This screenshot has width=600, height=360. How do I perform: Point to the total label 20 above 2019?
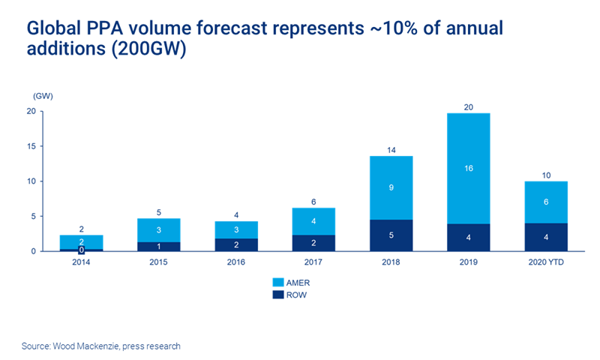pyautogui.click(x=468, y=107)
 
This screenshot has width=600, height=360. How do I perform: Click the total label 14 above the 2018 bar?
pyautogui.click(x=391, y=150)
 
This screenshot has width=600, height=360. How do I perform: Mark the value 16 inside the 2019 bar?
pyautogui.click(x=468, y=169)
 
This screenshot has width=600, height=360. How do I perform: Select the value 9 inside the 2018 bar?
pyautogui.click(x=391, y=187)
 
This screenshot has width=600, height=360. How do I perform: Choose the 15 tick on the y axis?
pyautogui.click(x=31, y=146)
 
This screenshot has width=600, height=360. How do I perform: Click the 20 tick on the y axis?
pyautogui.click(x=31, y=111)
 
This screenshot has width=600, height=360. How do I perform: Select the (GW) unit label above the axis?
pyautogui.click(x=43, y=96)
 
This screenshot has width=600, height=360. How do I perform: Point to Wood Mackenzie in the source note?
pyautogui.click(x=83, y=346)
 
